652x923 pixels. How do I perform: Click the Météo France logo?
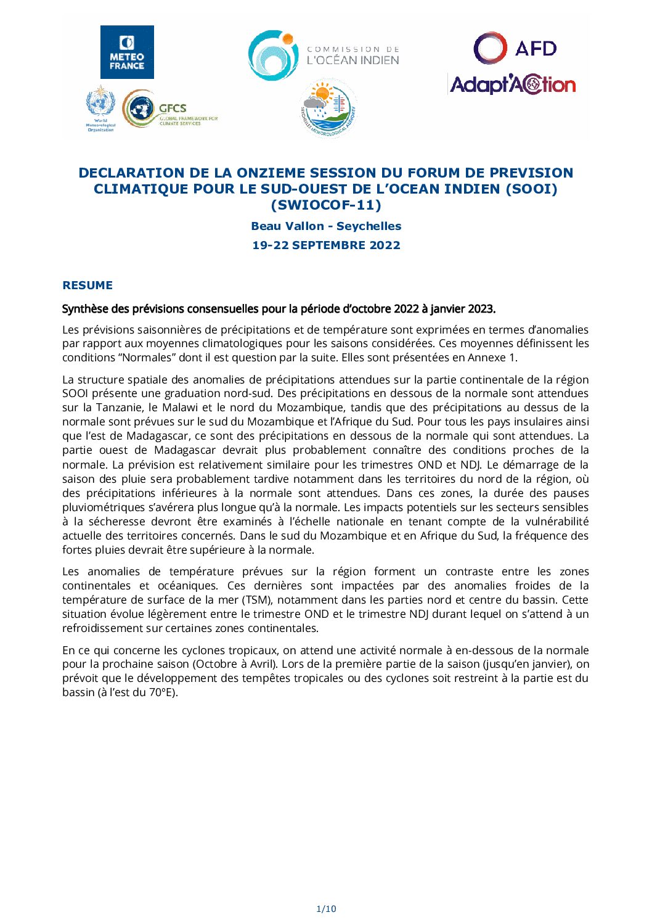[127, 52]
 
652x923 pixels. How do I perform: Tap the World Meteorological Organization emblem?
[100, 107]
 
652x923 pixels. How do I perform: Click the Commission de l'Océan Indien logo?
[324, 55]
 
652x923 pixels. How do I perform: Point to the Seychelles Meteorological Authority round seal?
[328, 107]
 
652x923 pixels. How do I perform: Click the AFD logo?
[515, 49]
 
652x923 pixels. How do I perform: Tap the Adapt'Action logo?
[513, 84]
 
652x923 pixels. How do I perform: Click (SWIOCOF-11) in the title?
[325, 205]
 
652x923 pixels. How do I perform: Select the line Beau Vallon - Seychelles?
[326, 226]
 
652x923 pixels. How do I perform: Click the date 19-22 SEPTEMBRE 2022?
[326, 245]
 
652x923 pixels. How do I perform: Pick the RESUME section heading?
[88, 285]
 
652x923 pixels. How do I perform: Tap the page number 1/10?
[326, 909]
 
